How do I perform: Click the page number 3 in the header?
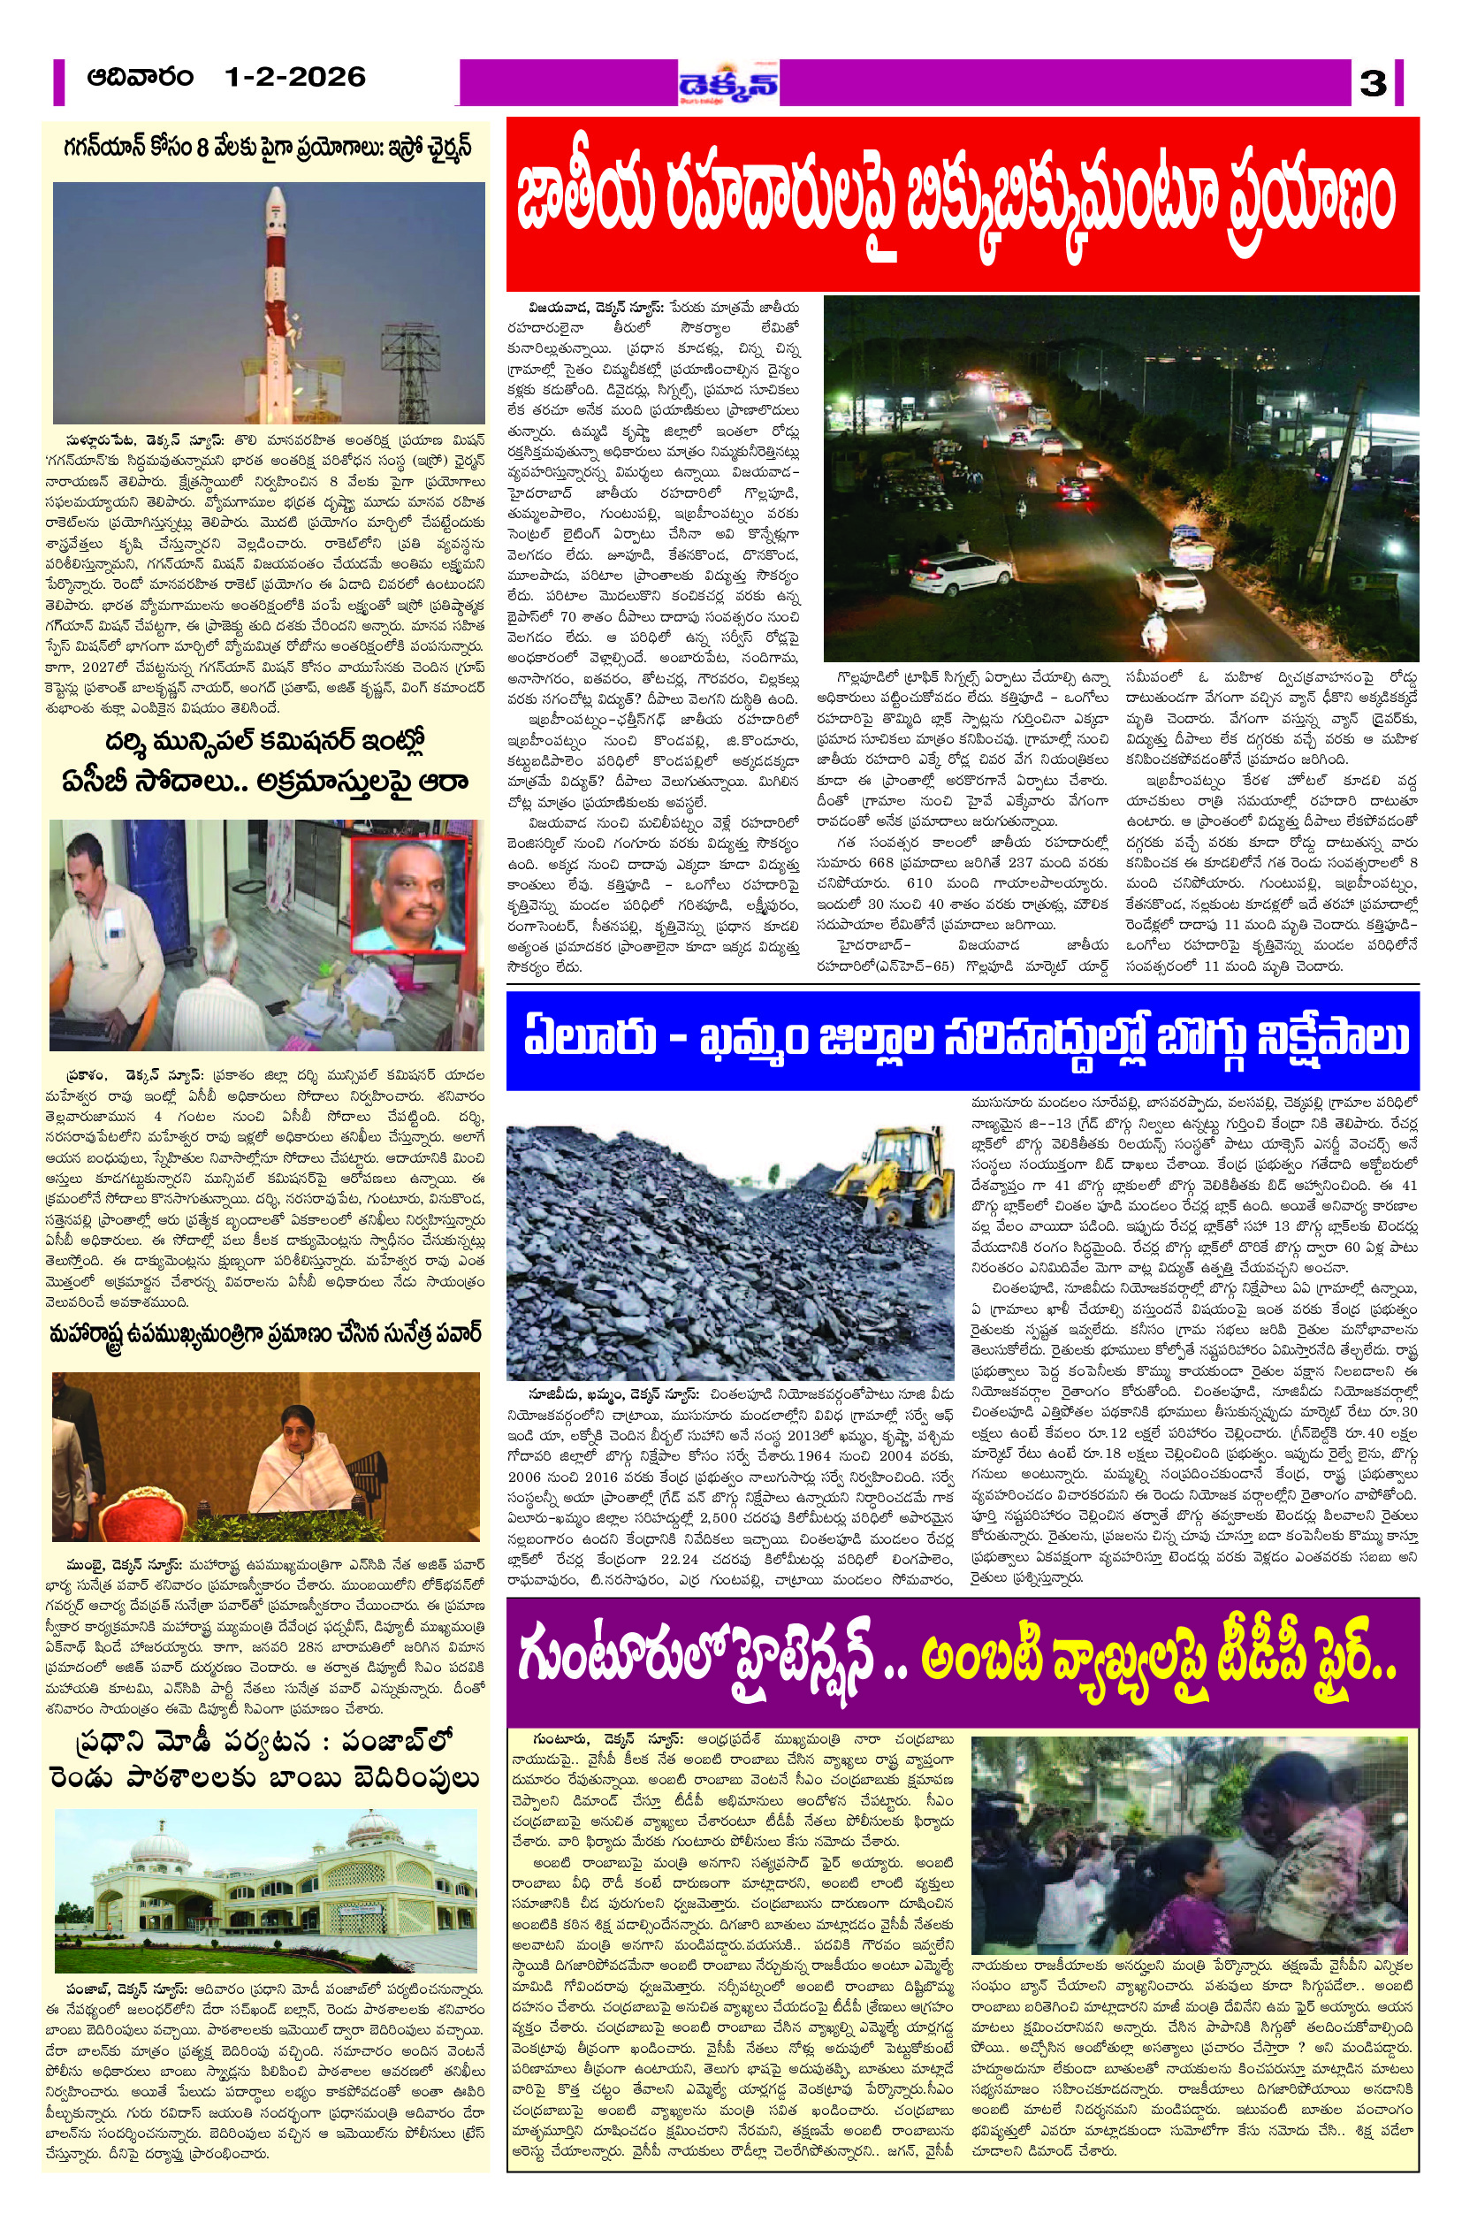coord(1373,83)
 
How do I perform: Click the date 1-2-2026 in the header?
coord(294,78)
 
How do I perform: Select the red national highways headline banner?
coord(963,204)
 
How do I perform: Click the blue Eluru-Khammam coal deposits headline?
coord(963,1040)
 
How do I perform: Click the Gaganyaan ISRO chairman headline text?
coord(269,149)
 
